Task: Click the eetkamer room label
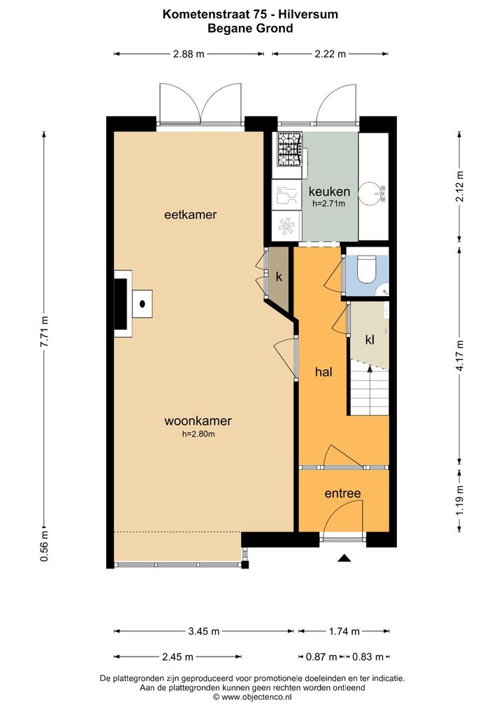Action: tap(190, 214)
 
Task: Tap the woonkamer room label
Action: tap(198, 420)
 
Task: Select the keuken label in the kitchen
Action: tap(329, 191)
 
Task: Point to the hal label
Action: tap(324, 372)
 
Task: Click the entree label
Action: tap(343, 493)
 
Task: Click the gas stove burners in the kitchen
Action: tap(290, 149)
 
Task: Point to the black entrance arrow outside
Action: tap(344, 558)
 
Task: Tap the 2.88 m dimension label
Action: tap(189, 54)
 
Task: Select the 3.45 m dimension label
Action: tap(204, 631)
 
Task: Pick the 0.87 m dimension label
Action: tap(321, 657)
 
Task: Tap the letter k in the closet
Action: tap(279, 277)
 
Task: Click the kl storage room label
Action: tap(370, 339)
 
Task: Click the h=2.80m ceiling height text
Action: tap(198, 434)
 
